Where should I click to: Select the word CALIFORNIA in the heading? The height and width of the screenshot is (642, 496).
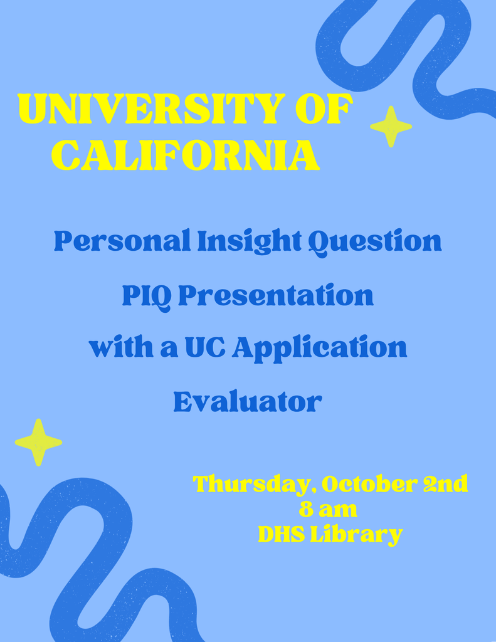tap(186, 155)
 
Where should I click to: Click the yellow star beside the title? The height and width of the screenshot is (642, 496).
tap(391, 127)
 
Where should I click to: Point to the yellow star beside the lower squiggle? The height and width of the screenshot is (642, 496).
tap(38, 442)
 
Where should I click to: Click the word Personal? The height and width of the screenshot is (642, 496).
tap(122, 241)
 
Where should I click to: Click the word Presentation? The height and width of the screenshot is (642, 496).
tap(276, 295)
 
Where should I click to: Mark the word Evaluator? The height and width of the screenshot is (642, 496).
tap(248, 401)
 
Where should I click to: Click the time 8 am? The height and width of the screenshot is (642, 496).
tap(328, 510)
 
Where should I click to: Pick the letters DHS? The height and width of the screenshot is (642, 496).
tap(282, 534)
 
